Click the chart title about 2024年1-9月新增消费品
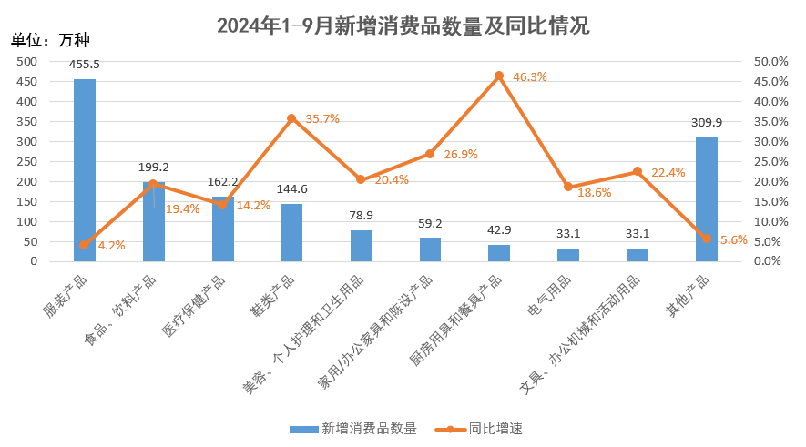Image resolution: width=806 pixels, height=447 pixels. [x=403, y=25]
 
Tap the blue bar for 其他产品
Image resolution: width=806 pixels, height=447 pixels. [x=707, y=199]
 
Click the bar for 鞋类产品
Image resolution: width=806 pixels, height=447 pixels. [x=291, y=232]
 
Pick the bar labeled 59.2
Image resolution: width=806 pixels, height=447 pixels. [x=430, y=249]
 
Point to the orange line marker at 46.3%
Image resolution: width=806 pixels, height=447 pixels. [x=499, y=76]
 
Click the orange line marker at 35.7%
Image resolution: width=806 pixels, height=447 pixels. [x=291, y=118]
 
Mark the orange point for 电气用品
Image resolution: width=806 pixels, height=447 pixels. [x=568, y=187]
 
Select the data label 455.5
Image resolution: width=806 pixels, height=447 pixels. [x=85, y=64]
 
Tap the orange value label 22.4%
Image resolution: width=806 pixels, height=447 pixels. [x=668, y=172]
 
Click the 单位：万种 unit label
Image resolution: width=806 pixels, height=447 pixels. [x=51, y=39]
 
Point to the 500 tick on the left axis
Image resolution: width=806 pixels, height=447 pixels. [x=26, y=61]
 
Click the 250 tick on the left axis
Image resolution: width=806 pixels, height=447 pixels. [x=26, y=161]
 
